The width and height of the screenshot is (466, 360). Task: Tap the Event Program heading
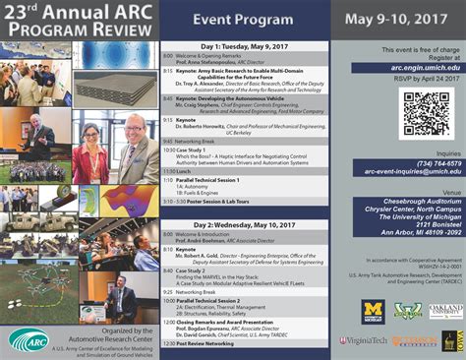[x=248, y=19]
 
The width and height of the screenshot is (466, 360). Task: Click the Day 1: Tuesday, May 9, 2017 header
[x=248, y=47]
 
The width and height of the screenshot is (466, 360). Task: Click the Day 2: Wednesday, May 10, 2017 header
[x=248, y=223]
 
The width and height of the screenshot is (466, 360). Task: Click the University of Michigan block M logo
[x=374, y=310]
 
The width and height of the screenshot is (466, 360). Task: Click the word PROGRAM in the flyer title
[x=50, y=29]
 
